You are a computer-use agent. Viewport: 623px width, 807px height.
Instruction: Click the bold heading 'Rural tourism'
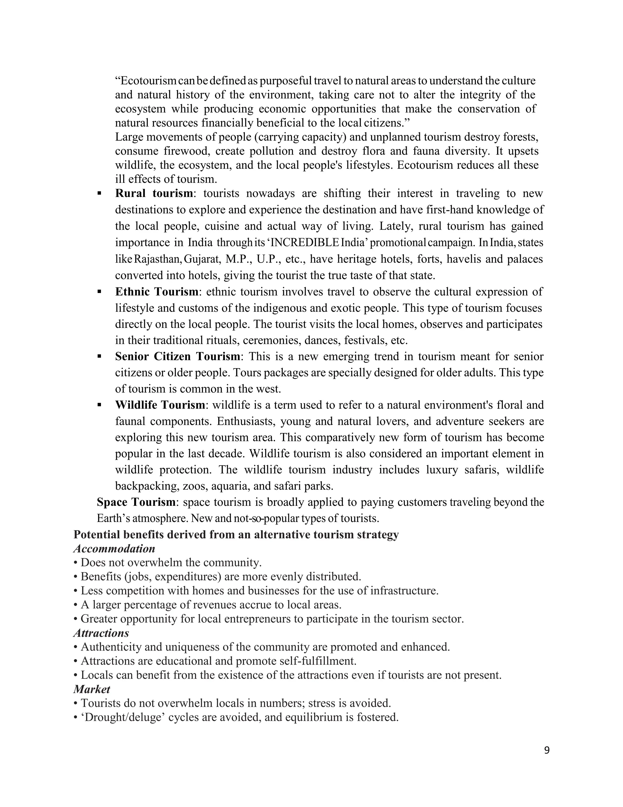[x=154, y=193]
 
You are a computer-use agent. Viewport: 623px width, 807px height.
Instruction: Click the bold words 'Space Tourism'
[x=136, y=502]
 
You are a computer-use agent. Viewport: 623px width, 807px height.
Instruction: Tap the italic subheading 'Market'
[x=92, y=689]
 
